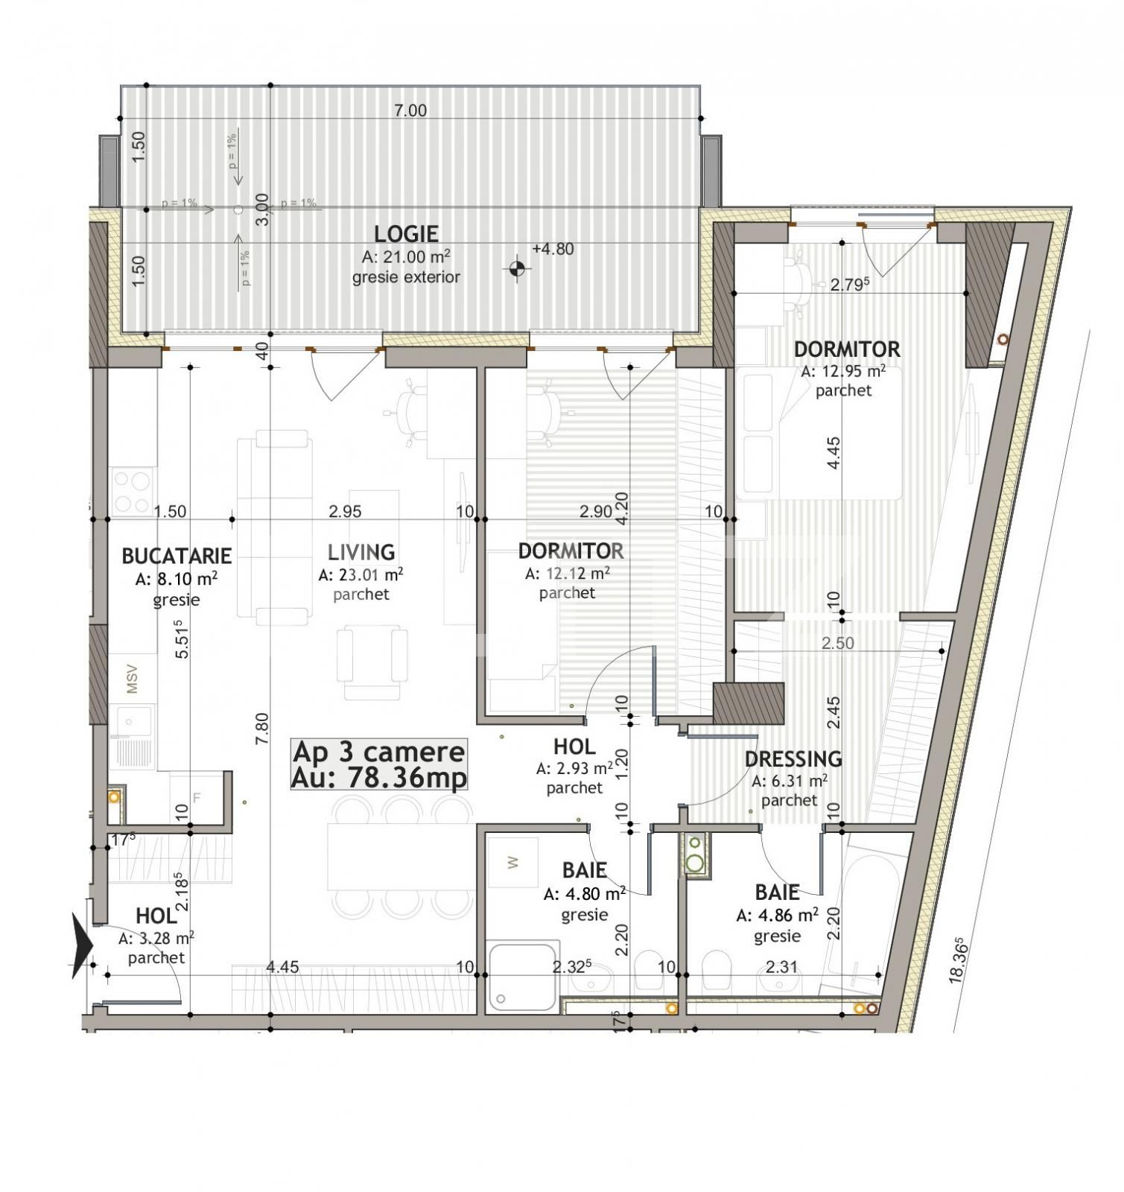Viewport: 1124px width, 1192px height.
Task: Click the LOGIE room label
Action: click(406, 234)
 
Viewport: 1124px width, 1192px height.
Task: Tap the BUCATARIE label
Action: click(177, 556)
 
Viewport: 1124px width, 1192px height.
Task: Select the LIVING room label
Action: click(361, 552)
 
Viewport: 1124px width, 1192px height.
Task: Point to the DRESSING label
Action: click(793, 759)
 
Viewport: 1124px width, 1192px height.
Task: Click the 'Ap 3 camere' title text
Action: click(378, 752)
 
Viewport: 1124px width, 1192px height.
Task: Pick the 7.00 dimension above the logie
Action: click(410, 111)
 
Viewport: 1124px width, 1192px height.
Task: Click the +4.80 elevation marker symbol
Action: click(517, 267)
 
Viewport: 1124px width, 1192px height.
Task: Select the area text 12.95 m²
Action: click(843, 370)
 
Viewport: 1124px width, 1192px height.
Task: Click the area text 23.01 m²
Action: click(361, 574)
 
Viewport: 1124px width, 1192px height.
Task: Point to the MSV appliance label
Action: click(133, 679)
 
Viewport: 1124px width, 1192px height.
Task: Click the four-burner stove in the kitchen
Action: click(132, 492)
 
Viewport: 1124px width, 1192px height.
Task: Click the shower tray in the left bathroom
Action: click(522, 976)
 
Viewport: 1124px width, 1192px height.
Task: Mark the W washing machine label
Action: click(512, 863)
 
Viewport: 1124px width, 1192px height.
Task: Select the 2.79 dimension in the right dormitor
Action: click(850, 285)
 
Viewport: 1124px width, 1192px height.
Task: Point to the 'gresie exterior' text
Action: click(406, 277)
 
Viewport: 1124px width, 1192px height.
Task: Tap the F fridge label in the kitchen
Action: click(197, 798)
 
